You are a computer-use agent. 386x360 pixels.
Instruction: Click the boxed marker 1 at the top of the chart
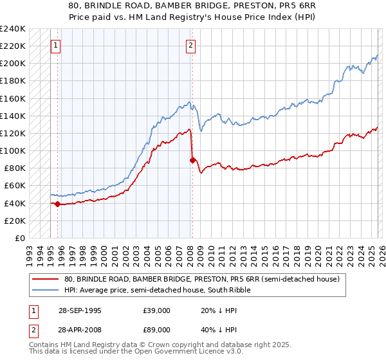57,45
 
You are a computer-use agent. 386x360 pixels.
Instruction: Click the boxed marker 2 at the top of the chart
192,45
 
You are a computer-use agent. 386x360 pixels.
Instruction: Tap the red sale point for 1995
58,204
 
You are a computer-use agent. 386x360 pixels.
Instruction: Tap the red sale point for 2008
192,161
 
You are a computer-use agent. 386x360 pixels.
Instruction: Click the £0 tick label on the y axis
20,238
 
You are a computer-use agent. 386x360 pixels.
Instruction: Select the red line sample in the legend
45,279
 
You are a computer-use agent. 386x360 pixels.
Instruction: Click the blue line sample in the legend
45,290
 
